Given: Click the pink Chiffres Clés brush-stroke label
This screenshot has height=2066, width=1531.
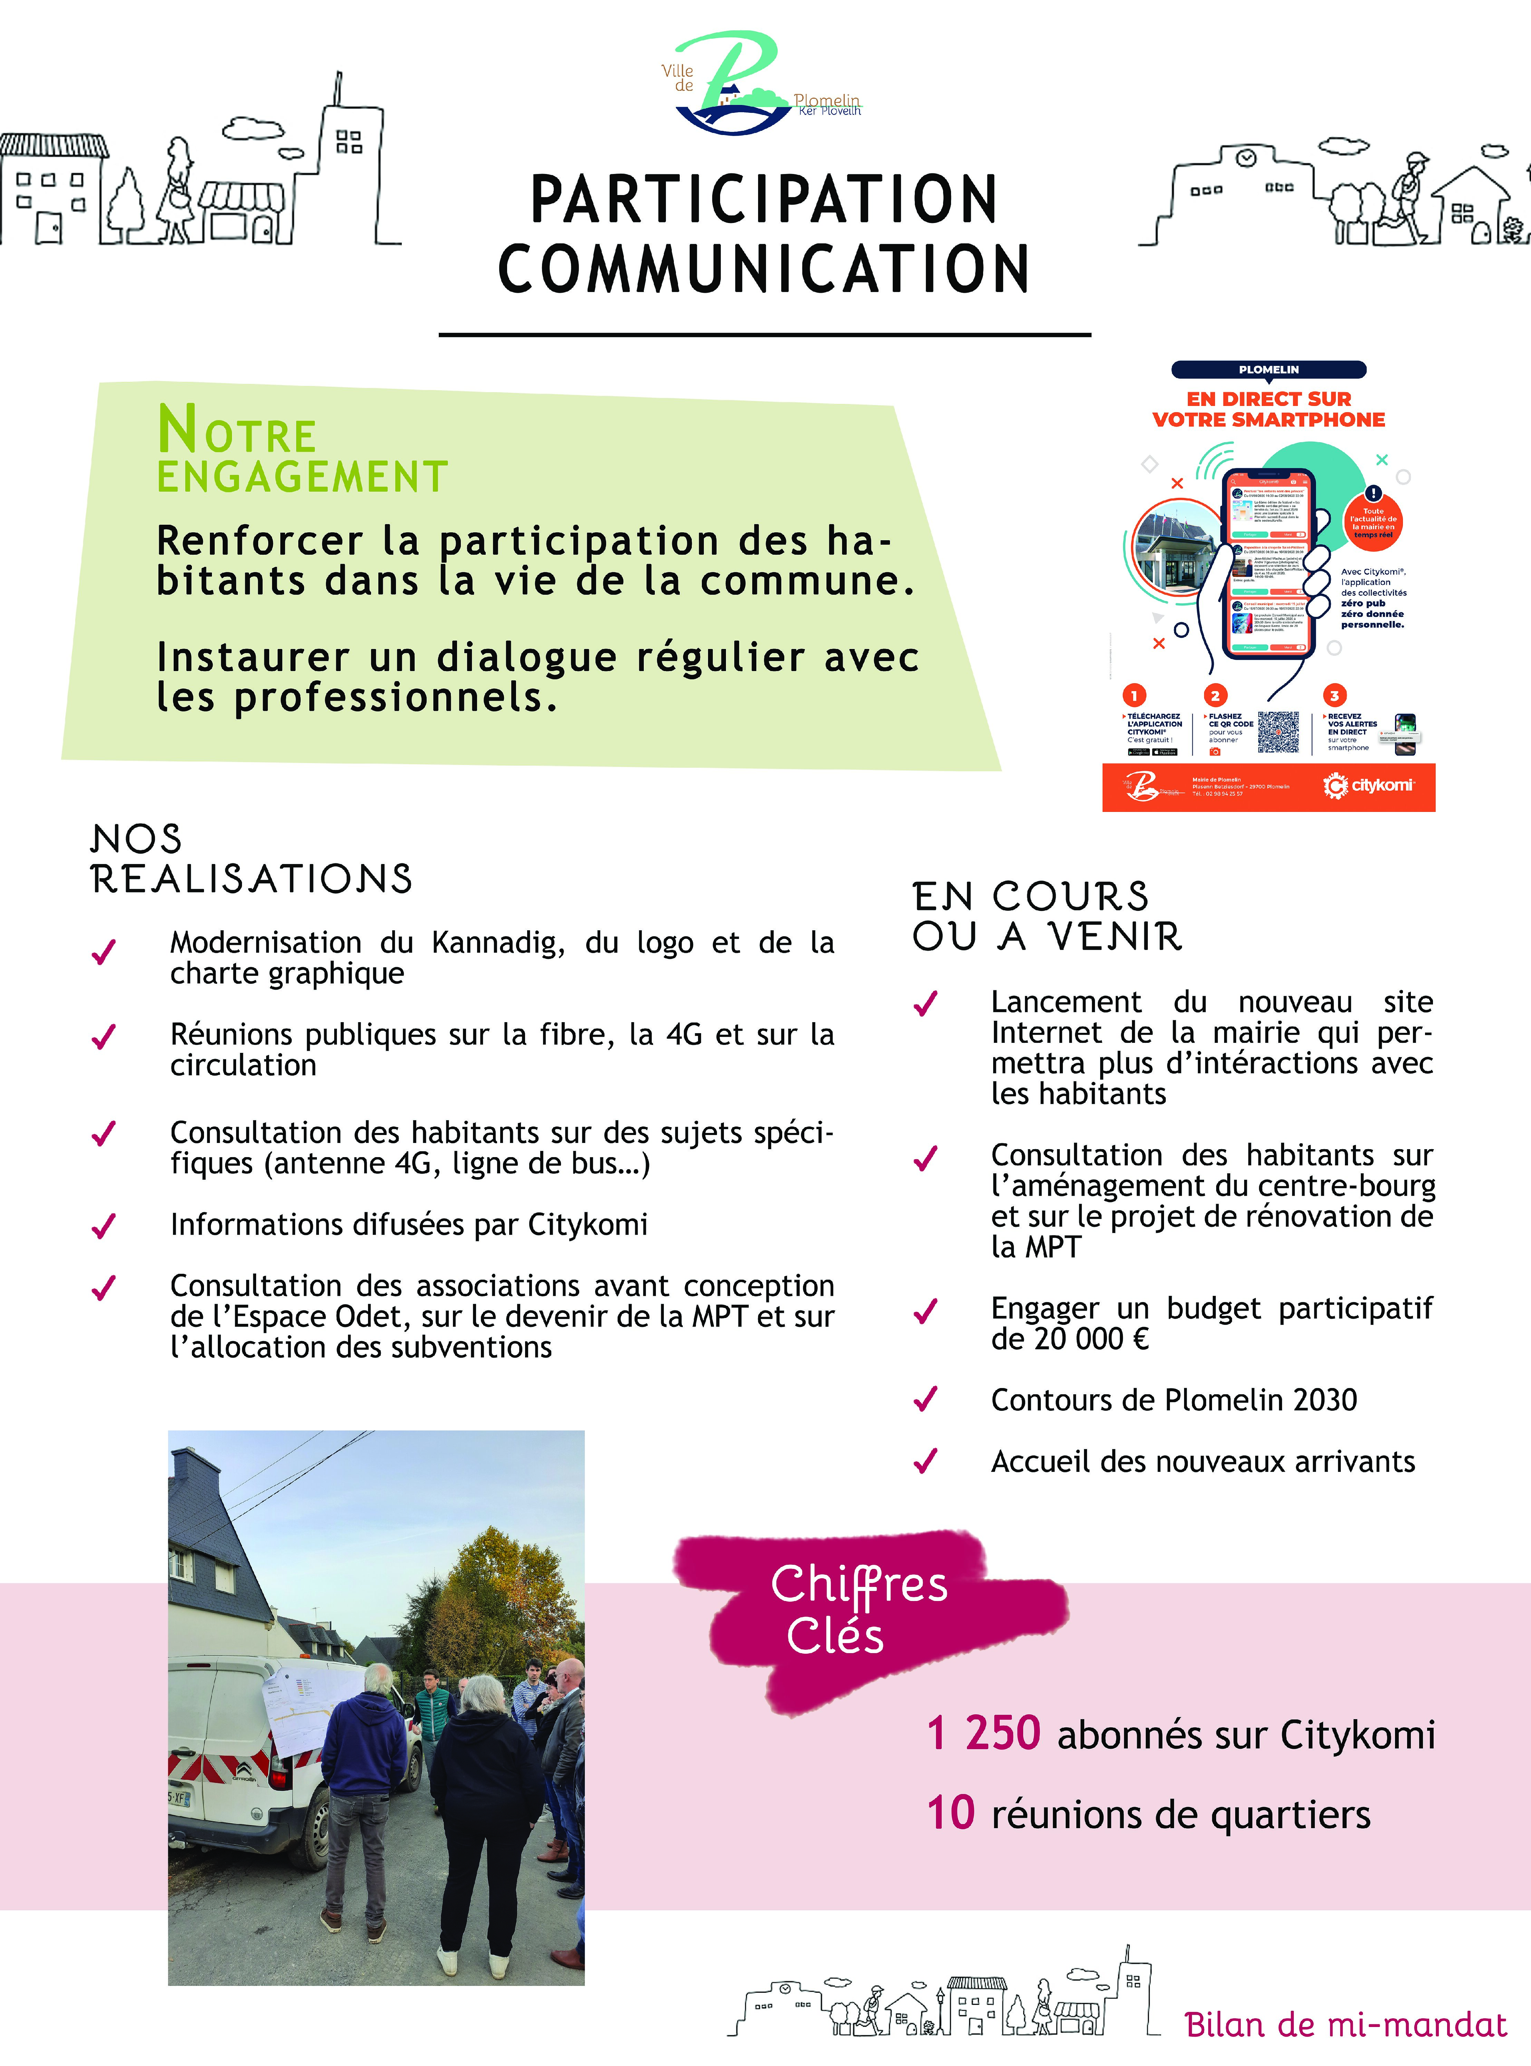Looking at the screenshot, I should click(859, 1610).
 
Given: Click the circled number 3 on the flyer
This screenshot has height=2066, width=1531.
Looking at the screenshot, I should click(1334, 695).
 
